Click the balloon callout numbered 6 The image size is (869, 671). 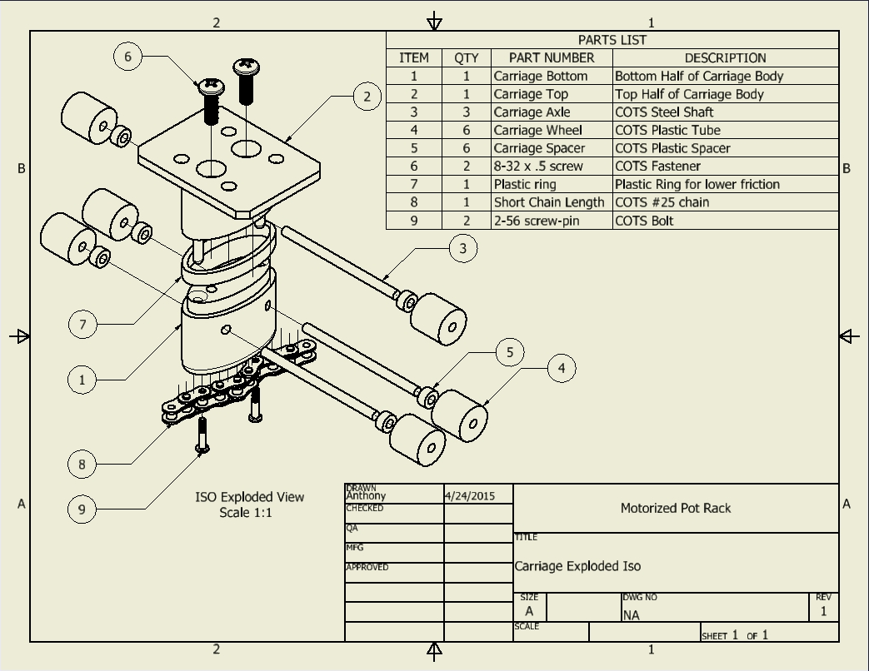pyautogui.click(x=127, y=57)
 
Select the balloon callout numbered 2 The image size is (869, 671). pyautogui.click(x=367, y=97)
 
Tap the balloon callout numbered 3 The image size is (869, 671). pyautogui.click(x=463, y=247)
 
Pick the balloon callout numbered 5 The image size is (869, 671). pyautogui.click(x=510, y=352)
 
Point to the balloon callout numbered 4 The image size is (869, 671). pyautogui.click(x=562, y=368)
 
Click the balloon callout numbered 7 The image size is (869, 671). pyautogui.click(x=82, y=324)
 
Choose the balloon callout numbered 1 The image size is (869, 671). pyautogui.click(x=82, y=380)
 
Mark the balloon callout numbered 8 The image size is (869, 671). pyautogui.click(x=82, y=464)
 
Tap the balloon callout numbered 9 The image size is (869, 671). pyautogui.click(x=82, y=509)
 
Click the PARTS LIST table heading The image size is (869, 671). pyautogui.click(x=612, y=40)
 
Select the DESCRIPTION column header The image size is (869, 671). pyautogui.click(x=725, y=58)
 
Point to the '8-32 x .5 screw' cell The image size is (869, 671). pyautogui.click(x=538, y=167)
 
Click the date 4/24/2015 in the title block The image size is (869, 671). pyautogui.click(x=470, y=496)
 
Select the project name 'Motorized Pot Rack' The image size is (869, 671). pyautogui.click(x=676, y=508)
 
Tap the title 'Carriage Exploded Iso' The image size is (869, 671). pyautogui.click(x=577, y=566)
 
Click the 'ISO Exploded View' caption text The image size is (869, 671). pyautogui.click(x=250, y=497)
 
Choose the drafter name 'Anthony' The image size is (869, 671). pyautogui.click(x=366, y=496)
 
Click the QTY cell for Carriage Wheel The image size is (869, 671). pyautogui.click(x=467, y=131)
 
